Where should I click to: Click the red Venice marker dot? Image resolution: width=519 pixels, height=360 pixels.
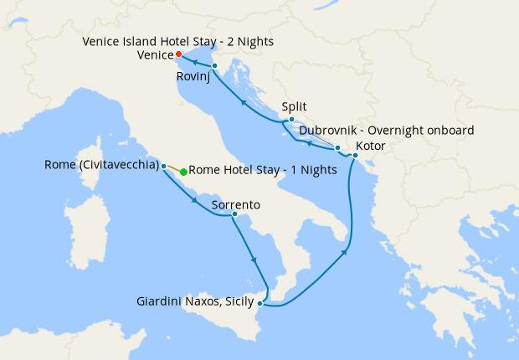coord(179,55)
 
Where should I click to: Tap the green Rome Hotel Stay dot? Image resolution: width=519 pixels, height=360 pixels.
coord(183,171)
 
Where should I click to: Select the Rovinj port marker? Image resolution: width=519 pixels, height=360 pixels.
coord(215,65)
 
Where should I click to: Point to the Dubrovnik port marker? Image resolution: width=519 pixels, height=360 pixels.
coord(337,148)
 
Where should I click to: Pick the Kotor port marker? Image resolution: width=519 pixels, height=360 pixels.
coord(355,156)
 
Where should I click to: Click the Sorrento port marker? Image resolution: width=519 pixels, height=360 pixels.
coord(235,216)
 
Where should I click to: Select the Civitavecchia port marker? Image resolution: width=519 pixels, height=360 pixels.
coord(164,165)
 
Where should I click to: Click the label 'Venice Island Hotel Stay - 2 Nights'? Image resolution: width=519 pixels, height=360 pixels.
coord(177,41)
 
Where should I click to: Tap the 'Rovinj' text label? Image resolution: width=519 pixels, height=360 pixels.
coord(193,77)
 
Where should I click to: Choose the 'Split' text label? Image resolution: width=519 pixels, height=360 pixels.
coord(295,107)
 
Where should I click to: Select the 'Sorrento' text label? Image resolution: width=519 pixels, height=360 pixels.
coord(236,204)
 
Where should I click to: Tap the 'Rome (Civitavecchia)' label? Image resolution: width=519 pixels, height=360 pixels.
coord(101,165)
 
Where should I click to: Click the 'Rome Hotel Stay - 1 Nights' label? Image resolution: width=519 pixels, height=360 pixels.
coord(263,171)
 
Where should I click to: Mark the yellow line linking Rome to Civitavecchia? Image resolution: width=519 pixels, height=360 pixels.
coord(173,167)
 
